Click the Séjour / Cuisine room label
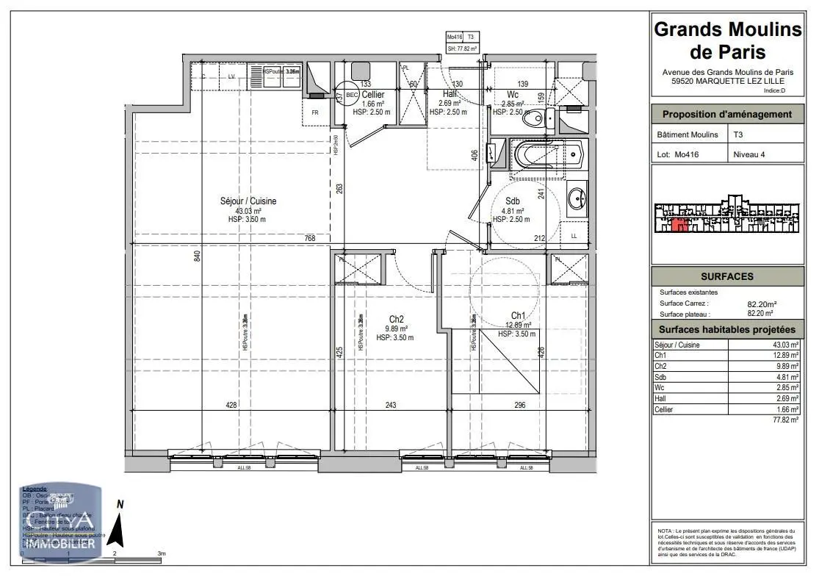coord(248,201)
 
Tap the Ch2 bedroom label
coord(397,319)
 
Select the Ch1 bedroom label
coord(519,315)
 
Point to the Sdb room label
coord(511,201)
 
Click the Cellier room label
coord(372,95)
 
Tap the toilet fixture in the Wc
coord(541,118)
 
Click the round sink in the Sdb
coord(576,197)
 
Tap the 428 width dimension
coord(231,405)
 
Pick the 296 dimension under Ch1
coord(520,405)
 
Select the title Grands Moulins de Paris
coord(727,40)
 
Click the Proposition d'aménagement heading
coord(727,114)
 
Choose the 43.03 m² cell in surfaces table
coord(785,345)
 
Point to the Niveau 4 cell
coord(749,154)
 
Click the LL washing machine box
coord(573,235)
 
